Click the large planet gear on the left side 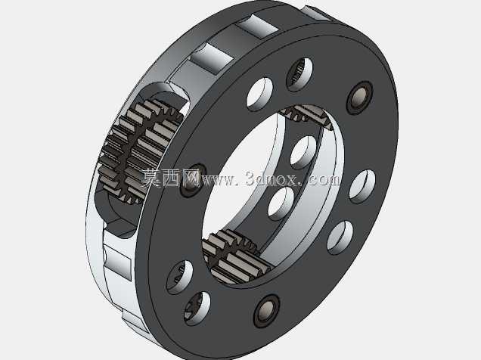click(x=140, y=151)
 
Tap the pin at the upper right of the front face click(x=359, y=98)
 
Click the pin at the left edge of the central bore click(x=192, y=181)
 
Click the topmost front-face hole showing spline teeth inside click(x=299, y=74)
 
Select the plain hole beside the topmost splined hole click(x=259, y=94)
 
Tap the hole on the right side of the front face click(x=362, y=186)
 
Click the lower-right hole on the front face click(x=340, y=237)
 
